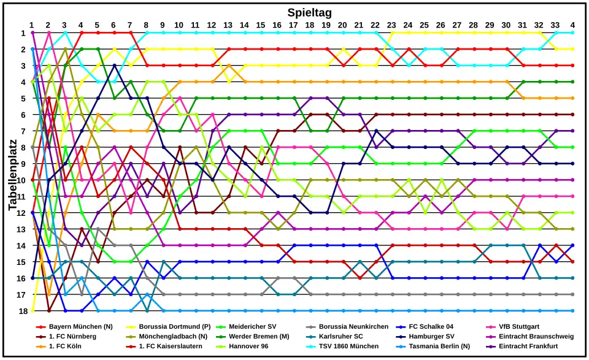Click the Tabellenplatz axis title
click(x=13, y=172)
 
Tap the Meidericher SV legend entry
click(x=252, y=327)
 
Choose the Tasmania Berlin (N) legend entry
click(x=436, y=347)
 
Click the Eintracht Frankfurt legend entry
click(x=528, y=347)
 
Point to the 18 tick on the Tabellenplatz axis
click(x=21, y=311)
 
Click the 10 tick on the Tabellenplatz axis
click(x=21, y=180)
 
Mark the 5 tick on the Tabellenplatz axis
click(x=23, y=98)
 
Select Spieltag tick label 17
click(x=293, y=25)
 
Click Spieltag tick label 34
click(x=572, y=25)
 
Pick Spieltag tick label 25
click(x=425, y=25)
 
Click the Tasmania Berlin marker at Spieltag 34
click(x=572, y=311)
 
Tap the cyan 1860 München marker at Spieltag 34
click(x=572, y=33)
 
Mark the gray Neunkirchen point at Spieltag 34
click(x=572, y=294)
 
